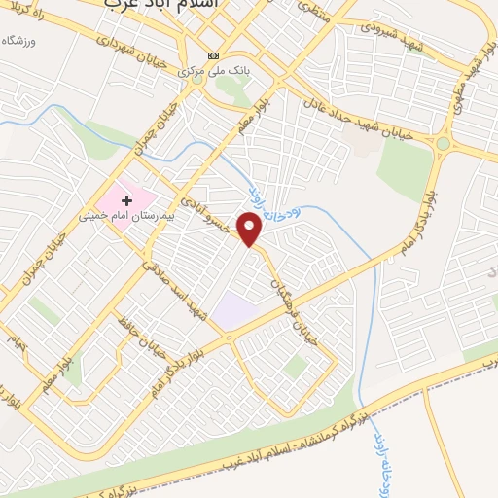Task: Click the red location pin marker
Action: point(251,229)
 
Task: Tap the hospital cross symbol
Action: point(126,199)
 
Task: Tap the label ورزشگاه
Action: point(12,40)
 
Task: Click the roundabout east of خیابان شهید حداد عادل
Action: point(444,144)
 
